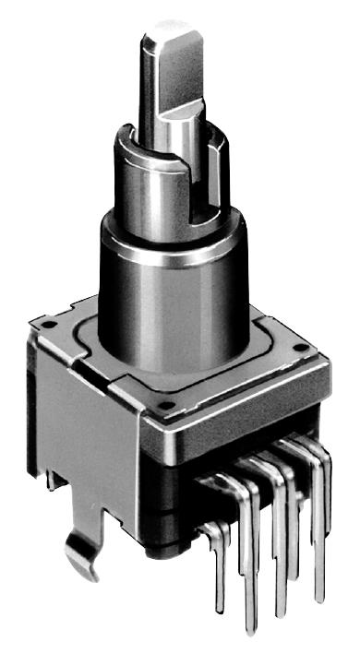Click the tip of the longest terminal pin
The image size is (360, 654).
pos(252,629)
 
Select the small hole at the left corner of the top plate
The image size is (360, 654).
pos(44,325)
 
